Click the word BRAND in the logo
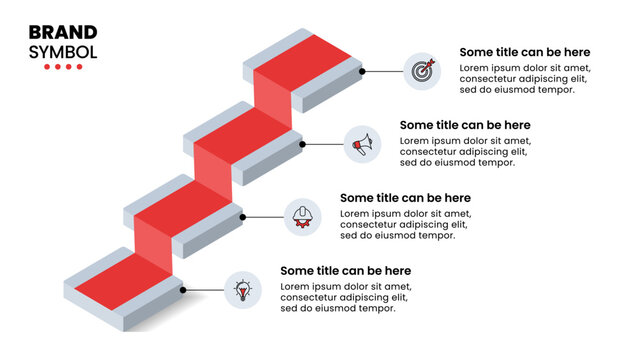[x=63, y=32]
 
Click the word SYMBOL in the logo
[x=63, y=51]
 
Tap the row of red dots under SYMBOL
[x=63, y=67]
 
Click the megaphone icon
[x=363, y=143]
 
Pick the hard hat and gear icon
[x=302, y=216]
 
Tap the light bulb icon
[x=242, y=290]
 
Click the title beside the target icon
[x=524, y=52]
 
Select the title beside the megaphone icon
[x=465, y=125]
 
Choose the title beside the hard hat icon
[x=405, y=198]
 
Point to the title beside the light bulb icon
[x=345, y=271]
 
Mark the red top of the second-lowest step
[x=184, y=206]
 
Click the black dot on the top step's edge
[x=362, y=71]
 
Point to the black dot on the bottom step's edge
[x=183, y=290]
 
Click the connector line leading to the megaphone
[x=323, y=143]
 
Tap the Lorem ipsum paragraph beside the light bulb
[x=345, y=297]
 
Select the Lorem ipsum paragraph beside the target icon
[x=525, y=78]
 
